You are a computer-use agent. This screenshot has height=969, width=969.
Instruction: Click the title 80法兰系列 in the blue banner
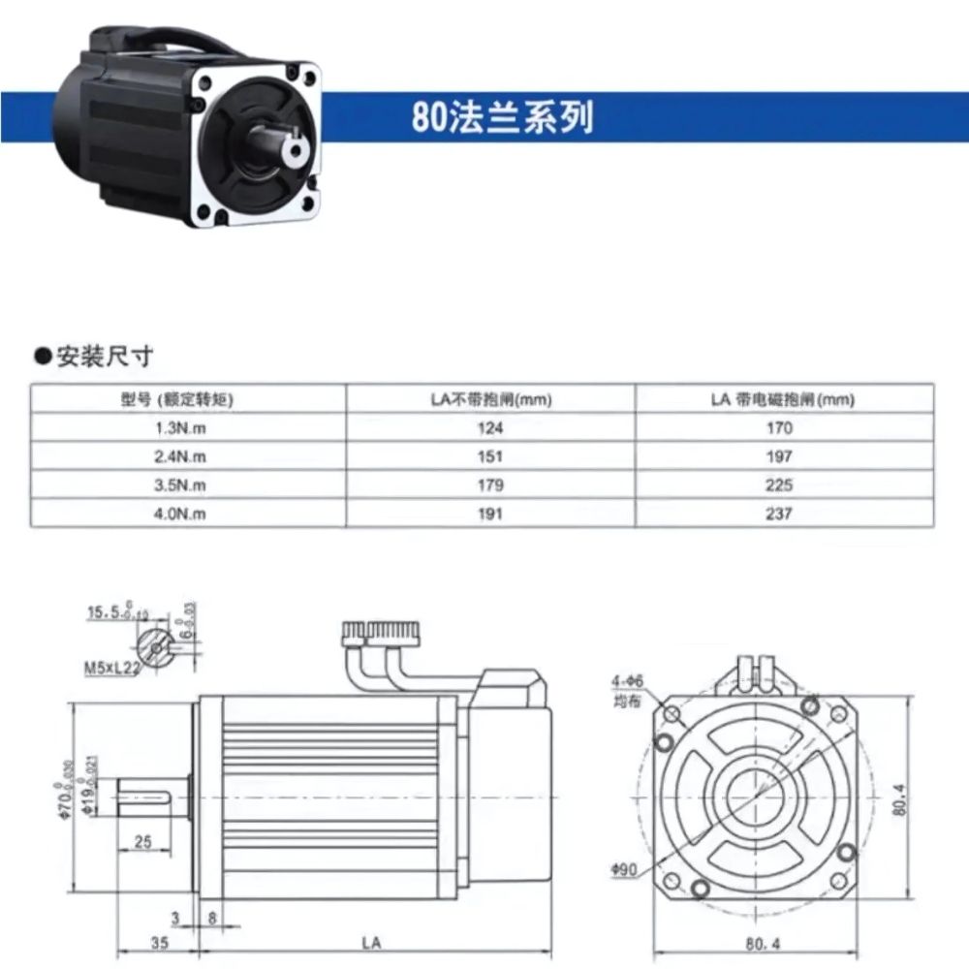point(501,117)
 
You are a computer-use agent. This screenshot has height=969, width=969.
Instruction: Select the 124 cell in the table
point(491,427)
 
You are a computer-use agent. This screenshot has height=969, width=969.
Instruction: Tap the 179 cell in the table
point(491,484)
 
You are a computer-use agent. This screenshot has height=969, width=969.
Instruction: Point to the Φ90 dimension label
point(624,869)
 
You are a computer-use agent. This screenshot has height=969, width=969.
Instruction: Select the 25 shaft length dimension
point(142,842)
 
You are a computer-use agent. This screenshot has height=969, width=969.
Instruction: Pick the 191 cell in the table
point(491,514)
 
